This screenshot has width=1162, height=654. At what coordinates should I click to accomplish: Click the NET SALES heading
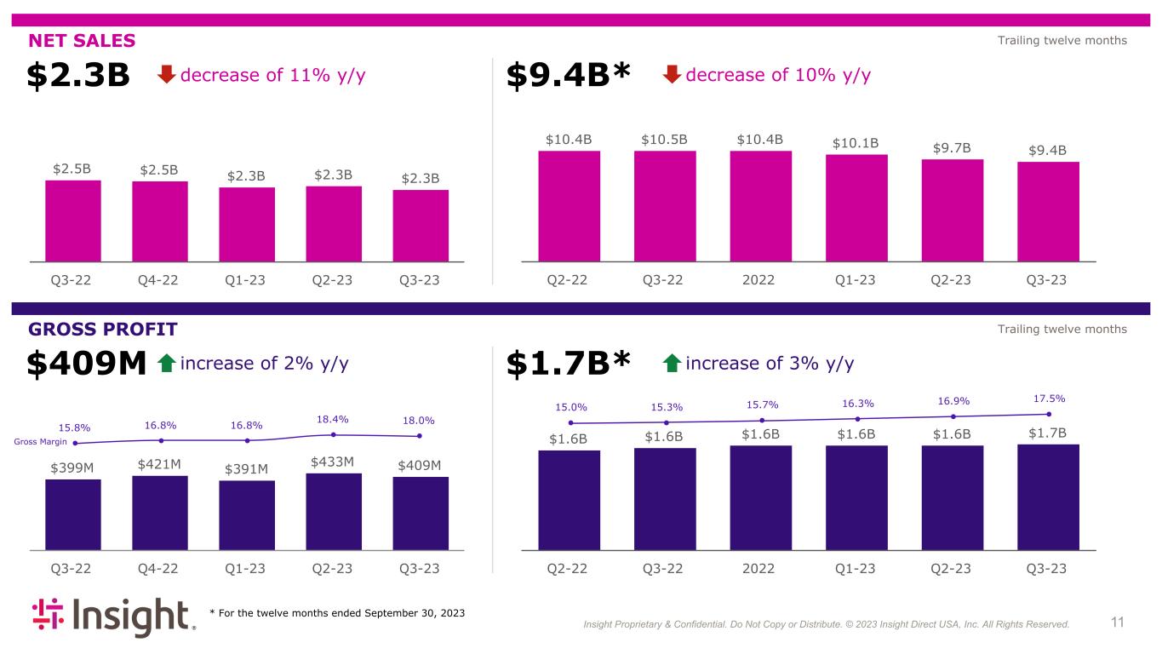pos(82,41)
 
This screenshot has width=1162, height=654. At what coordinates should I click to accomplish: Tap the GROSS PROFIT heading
pos(102,330)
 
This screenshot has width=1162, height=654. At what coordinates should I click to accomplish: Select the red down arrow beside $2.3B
pos(167,75)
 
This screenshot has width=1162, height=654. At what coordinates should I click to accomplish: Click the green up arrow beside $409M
pos(167,364)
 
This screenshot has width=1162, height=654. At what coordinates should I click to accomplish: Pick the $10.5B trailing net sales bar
pos(665,205)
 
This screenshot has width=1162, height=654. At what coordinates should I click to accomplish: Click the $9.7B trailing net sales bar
pos(953,209)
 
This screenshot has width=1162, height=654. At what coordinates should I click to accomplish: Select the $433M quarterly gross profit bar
pos(334,511)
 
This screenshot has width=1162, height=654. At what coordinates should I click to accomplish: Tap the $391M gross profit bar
pos(247,515)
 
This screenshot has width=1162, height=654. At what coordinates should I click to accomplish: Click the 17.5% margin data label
pos(1049,398)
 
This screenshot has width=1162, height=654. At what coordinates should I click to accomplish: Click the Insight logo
pos(114,618)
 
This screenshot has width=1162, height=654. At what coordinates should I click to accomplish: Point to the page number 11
pos(1117,622)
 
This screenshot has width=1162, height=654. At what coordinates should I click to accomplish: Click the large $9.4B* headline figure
pos(569,76)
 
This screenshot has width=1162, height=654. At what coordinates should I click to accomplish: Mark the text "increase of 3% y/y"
pos(770,364)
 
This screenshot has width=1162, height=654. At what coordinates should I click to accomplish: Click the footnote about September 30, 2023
pos(337,613)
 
